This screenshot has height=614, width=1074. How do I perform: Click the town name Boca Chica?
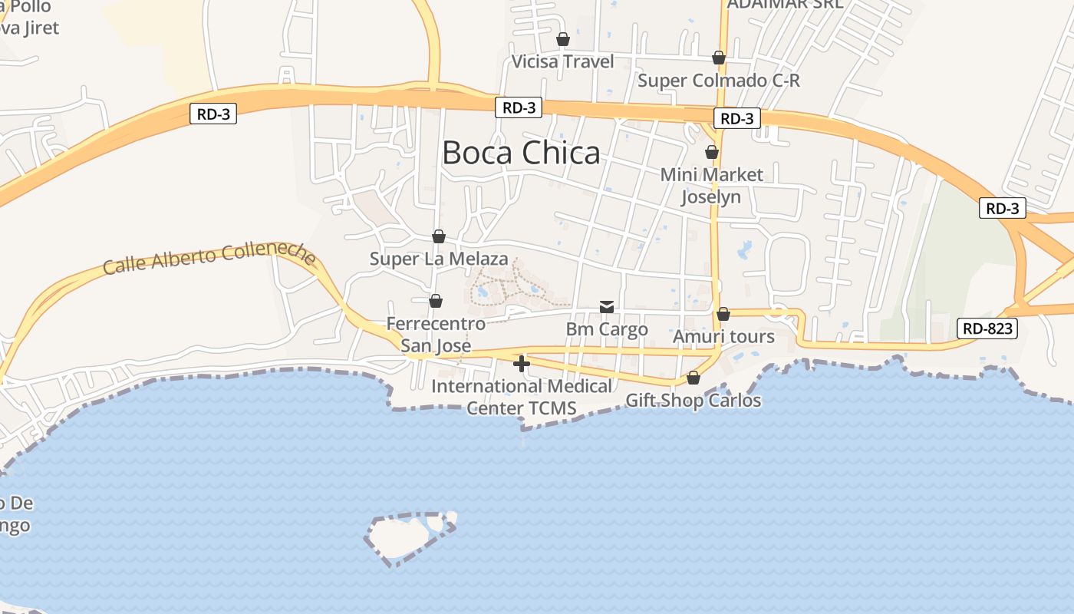click(521, 153)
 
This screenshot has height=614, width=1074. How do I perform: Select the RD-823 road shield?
click(987, 329)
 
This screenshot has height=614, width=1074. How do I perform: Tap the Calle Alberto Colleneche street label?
click(209, 258)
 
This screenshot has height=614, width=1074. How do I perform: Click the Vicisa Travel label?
click(563, 61)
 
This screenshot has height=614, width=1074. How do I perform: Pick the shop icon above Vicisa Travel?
click(563, 39)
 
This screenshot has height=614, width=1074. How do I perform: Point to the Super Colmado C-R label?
click(719, 81)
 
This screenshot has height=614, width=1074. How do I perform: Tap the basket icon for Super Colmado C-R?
click(719, 58)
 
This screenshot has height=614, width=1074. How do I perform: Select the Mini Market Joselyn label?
click(712, 186)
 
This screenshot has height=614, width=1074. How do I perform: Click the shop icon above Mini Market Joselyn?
click(712, 152)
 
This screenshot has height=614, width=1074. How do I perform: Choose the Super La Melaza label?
click(439, 259)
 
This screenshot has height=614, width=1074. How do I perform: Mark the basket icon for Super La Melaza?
click(439, 236)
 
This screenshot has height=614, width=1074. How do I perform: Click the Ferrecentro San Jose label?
click(436, 335)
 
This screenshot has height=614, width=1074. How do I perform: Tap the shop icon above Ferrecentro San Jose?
click(436, 301)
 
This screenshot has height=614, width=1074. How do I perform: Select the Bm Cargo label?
click(607, 329)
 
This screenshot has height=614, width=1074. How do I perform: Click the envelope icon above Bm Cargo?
click(607, 307)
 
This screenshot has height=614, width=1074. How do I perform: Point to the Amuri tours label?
click(723, 337)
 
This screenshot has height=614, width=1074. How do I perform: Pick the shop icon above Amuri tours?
click(723, 314)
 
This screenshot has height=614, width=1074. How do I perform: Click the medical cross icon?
click(522, 364)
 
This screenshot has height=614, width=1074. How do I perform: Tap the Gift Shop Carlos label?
click(693, 401)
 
